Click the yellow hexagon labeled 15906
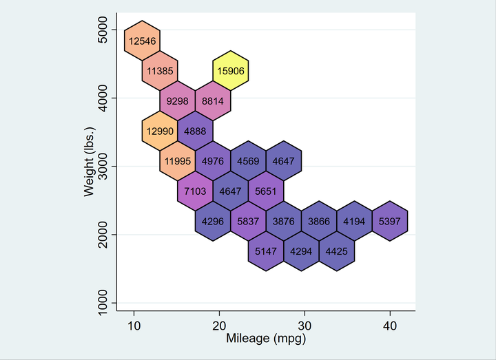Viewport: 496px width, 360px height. click(x=231, y=70)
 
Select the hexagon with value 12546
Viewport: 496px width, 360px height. click(x=143, y=41)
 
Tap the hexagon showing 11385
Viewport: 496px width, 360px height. click(x=161, y=70)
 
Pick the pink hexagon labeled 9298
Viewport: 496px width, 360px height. click(x=178, y=100)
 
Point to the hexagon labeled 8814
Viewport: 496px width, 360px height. click(x=213, y=100)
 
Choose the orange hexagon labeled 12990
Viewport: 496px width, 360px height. click(x=161, y=131)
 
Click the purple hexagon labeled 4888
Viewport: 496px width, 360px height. click(x=196, y=131)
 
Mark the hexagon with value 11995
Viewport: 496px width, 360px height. click(x=178, y=161)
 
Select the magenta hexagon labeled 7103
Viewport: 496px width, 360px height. click(x=196, y=191)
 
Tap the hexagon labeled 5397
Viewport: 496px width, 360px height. click(x=390, y=222)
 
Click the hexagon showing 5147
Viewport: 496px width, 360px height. click(x=266, y=251)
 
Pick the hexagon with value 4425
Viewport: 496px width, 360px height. click(x=337, y=251)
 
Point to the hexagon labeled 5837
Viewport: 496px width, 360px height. click(x=248, y=222)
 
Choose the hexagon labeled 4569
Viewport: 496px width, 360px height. click(x=248, y=161)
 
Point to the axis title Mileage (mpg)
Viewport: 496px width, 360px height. click(x=266, y=339)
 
